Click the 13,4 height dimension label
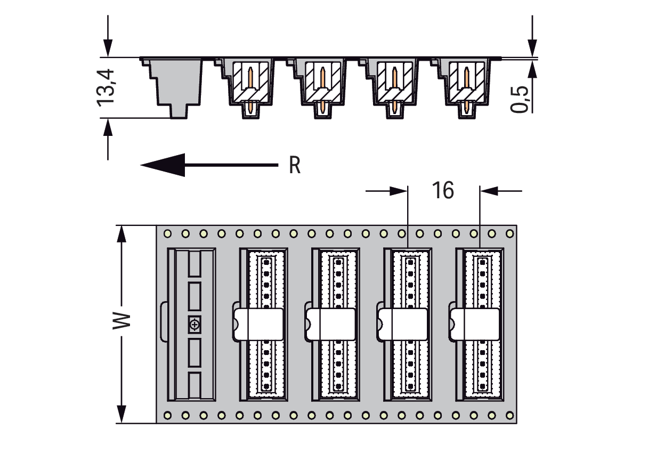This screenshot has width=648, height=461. tap(106, 88)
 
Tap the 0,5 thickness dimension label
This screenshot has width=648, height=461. tap(519, 99)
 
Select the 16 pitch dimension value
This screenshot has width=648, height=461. tap(443, 190)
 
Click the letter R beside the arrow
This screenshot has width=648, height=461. tap(295, 165)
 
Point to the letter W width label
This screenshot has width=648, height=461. tap(122, 321)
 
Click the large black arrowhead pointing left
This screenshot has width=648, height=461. tap(163, 165)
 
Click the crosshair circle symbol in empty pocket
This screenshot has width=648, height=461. tap(195, 325)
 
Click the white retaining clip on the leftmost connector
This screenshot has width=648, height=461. tap(258, 324)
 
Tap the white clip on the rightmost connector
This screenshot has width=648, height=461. tap(474, 324)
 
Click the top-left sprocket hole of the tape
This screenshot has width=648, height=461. tap(167, 233)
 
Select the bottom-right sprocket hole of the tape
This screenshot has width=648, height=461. tap(510, 416)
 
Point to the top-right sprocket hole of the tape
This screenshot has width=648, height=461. tap(510, 233)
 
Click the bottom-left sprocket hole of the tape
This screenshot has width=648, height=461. tap(167, 416)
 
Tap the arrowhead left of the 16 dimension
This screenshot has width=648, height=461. tap(399, 191)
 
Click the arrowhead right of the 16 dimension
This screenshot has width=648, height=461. tap(489, 191)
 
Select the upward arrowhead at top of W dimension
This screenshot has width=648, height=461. tap(122, 234)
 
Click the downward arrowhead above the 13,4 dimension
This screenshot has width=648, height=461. tap(108, 48)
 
